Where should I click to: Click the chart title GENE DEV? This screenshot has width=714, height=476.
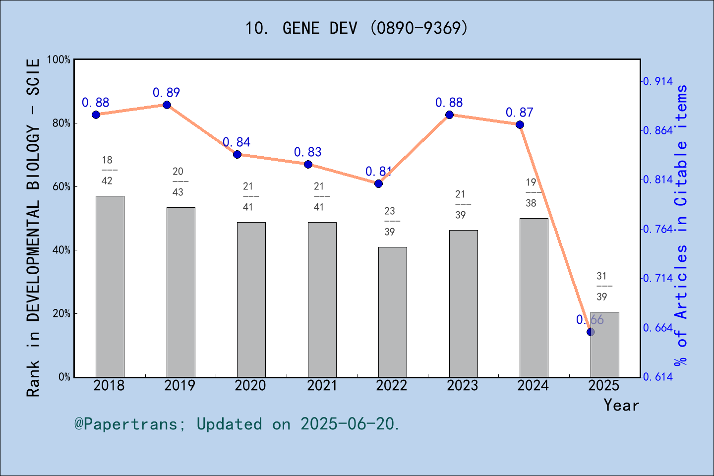click(357, 28)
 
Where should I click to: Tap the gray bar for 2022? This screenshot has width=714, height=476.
click(393, 312)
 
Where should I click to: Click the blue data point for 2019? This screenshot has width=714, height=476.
click(167, 105)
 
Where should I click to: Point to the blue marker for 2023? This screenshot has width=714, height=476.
click(449, 115)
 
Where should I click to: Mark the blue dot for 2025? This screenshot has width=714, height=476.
click(591, 332)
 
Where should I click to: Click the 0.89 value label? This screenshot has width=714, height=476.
click(167, 93)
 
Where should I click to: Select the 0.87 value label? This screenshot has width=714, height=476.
click(520, 113)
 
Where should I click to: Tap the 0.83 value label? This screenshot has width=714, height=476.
click(308, 152)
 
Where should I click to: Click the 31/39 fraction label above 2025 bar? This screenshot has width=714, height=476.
click(602, 286)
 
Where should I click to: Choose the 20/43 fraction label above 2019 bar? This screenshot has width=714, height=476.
click(178, 181)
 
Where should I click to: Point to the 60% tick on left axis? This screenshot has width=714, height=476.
click(61, 187)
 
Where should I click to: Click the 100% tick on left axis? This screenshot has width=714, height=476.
click(59, 59)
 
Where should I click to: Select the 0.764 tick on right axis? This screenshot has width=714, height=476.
click(658, 229)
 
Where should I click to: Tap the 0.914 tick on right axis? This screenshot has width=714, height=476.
click(658, 81)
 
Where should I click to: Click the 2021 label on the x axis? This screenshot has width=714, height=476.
click(322, 386)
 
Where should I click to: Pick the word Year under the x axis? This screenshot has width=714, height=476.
click(621, 405)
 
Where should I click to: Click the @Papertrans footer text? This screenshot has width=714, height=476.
click(237, 424)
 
